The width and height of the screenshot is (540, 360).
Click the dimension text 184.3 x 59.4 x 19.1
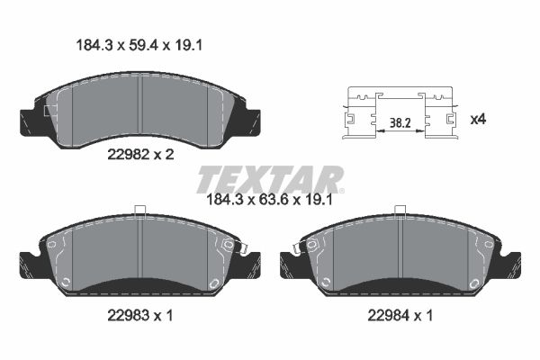(139, 46)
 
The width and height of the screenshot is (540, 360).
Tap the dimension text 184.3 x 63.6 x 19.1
(269, 200)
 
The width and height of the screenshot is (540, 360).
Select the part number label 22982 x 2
(140, 155)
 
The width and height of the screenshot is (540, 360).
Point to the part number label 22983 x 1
(139, 315)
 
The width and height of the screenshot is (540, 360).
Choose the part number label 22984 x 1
(400, 315)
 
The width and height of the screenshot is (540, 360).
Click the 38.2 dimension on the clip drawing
(400, 123)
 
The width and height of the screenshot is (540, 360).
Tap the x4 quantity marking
(478, 120)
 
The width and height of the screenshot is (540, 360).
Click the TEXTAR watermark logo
(270, 179)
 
